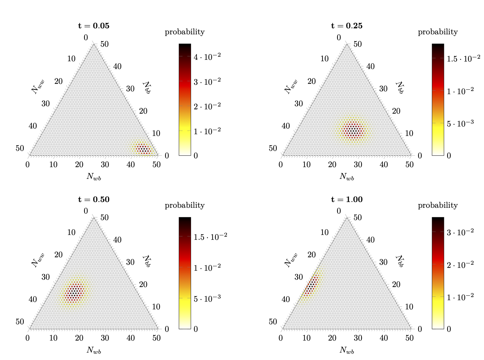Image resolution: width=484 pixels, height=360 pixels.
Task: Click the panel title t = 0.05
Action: coord(94,26)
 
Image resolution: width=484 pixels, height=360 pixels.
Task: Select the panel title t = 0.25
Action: coord(347,26)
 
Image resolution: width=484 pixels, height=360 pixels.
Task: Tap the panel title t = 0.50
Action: coord(94,199)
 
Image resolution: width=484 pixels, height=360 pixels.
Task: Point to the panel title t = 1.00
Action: coord(347,199)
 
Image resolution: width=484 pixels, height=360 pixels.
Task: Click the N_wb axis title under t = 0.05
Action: coord(94,177)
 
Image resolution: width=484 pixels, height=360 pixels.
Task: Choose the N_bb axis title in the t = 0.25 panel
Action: coord(399,88)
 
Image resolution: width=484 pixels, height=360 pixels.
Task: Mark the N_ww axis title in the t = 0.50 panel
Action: coord(38,260)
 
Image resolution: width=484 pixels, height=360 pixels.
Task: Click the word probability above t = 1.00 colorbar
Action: coord(438,205)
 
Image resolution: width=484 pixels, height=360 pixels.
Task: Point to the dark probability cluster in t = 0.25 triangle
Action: coord(353,130)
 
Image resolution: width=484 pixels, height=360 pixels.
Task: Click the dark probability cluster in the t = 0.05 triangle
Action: coord(143,149)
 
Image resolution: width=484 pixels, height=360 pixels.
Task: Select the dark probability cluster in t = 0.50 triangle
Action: coord(75,292)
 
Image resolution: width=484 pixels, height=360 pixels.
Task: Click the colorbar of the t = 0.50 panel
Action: coord(185,273)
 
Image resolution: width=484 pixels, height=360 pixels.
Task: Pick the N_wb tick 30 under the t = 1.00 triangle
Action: coord(358,338)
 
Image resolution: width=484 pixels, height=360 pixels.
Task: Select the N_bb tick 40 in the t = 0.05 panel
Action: coord(117,66)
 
